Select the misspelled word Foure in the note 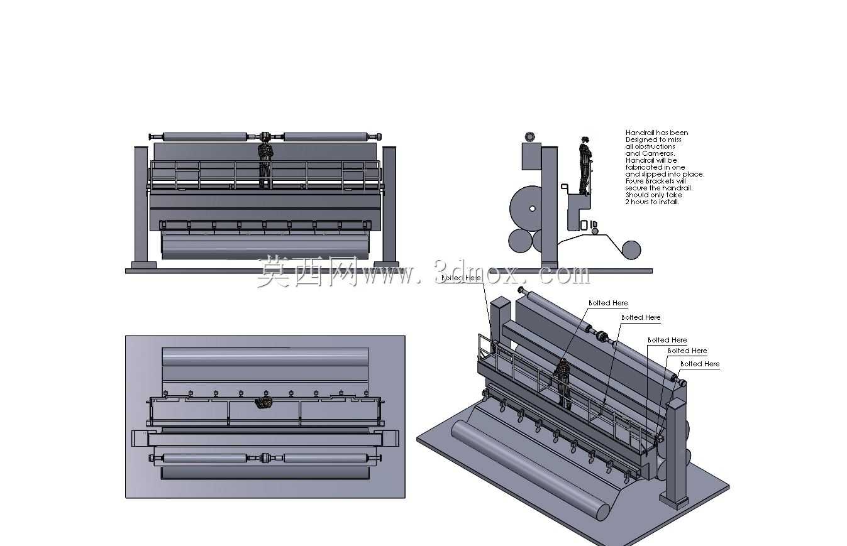pyautogui.click(x=635, y=181)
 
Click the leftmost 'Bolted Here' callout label pyautogui.click(x=461, y=278)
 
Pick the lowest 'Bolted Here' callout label pyautogui.click(x=700, y=364)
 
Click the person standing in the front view pyautogui.click(x=265, y=165)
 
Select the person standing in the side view pyautogui.click(x=585, y=166)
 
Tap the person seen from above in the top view pyautogui.click(x=265, y=403)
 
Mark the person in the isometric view pyautogui.click(x=563, y=383)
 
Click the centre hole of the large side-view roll pyautogui.click(x=532, y=209)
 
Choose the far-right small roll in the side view pyautogui.click(x=631, y=250)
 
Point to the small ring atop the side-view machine pyautogui.click(x=530, y=136)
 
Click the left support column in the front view pyautogui.click(x=141, y=206)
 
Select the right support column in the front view pyautogui.click(x=389, y=206)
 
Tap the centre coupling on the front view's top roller pyautogui.click(x=265, y=136)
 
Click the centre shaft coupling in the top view pyautogui.click(x=265, y=458)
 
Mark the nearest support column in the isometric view pyautogui.click(x=677, y=454)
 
